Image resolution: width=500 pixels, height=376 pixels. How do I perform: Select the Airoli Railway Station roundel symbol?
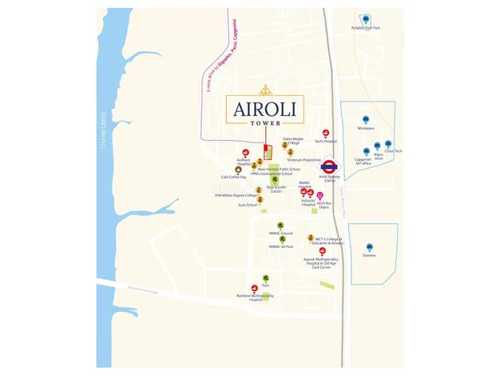(327, 158)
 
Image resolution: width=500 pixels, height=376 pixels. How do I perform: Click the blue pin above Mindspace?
(366, 119)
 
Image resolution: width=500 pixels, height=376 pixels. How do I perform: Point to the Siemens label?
(369, 256)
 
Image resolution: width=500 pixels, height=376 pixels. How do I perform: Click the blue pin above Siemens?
(369, 247)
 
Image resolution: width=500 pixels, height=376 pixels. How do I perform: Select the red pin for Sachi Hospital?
(326, 133)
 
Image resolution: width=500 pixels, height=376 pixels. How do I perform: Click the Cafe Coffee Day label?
(234, 177)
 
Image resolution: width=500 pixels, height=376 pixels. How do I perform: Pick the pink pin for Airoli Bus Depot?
(320, 195)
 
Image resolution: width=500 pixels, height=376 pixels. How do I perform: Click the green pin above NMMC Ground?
(280, 226)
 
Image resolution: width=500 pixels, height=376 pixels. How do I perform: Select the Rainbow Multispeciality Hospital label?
(254, 297)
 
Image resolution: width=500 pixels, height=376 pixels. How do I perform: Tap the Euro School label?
(248, 205)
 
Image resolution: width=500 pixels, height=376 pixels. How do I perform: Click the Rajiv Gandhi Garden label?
(276, 189)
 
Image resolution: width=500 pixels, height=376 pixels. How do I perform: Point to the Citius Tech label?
(393, 151)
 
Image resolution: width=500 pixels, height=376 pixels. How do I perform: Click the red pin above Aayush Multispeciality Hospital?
(323, 250)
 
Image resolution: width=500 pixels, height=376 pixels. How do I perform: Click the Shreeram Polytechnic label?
(304, 160)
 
